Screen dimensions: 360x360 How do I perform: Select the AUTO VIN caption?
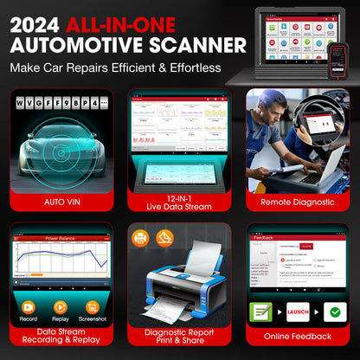tap(60, 202)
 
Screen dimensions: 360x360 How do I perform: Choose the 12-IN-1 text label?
tap(179, 196)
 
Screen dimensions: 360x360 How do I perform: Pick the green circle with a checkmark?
tap(332, 312)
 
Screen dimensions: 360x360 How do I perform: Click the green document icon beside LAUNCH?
tap(261, 312)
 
